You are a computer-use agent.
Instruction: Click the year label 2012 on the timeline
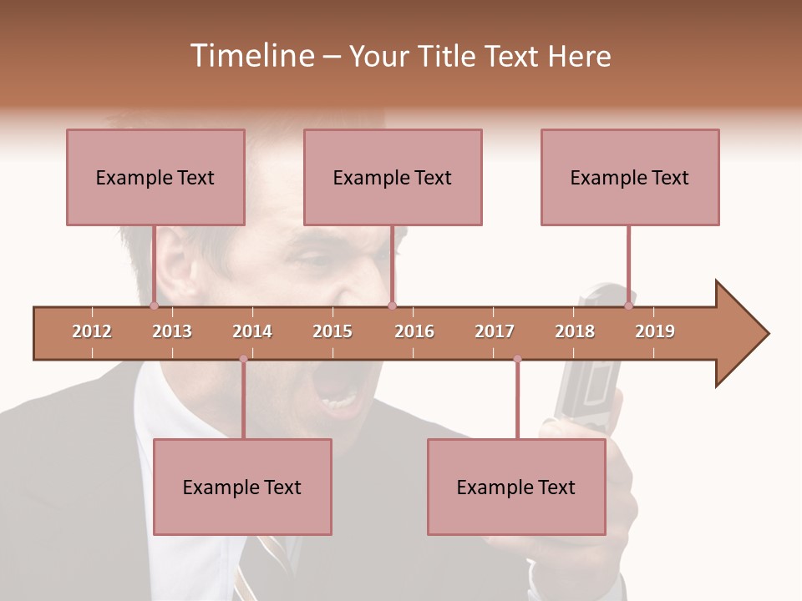[x=92, y=331]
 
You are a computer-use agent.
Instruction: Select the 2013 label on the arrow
[x=172, y=331]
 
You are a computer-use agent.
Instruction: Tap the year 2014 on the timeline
[x=252, y=331]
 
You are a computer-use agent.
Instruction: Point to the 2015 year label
[x=332, y=331]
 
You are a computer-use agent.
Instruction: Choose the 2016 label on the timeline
[x=414, y=331]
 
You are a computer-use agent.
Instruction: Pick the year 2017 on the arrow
[x=495, y=331]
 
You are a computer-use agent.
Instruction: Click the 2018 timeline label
[x=575, y=331]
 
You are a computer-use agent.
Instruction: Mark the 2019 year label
[x=655, y=331]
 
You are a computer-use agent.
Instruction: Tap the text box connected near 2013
[x=155, y=177]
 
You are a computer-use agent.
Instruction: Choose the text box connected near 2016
[x=393, y=177]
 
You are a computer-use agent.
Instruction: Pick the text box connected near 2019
[x=630, y=177]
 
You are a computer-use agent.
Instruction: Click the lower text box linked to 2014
[x=242, y=487]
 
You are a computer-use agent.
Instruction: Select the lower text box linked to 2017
[x=516, y=487]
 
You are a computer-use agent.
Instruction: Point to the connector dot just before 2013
[x=154, y=306]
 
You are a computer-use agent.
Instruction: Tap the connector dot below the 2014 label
[x=243, y=359]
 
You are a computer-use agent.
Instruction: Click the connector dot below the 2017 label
[x=517, y=359]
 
